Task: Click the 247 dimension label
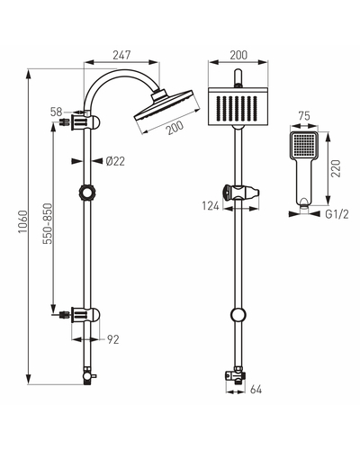121,55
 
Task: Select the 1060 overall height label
23,222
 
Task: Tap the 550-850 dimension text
48,223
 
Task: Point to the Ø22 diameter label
115,161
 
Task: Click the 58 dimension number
56,112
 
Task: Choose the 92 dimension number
113,339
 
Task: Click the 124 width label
211,206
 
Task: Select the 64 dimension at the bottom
256,390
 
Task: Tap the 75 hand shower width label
304,116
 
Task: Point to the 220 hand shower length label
337,168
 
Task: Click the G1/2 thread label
337,214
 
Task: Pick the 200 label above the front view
238,55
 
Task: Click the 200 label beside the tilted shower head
175,128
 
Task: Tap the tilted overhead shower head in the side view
166,109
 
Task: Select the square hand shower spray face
304,145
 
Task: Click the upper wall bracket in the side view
81,122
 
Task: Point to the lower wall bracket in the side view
81,315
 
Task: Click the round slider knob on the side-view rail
87,193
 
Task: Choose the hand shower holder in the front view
241,192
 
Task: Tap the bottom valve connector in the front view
236,375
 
